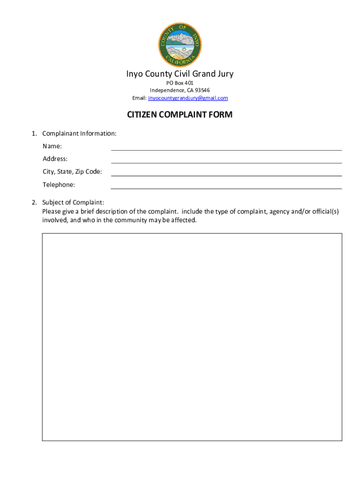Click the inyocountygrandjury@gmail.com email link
coord(188,98)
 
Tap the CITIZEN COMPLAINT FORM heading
coord(180,115)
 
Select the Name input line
coord(226,147)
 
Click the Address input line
coord(226,160)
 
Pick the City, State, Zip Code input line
coord(226,173)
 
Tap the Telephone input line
coord(226,186)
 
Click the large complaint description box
coord(192,337)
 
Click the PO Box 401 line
coord(180,83)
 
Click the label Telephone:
coord(59,185)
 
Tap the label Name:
coord(52,146)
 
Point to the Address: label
coord(55,159)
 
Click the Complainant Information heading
coord(79,134)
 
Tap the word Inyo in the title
coord(135,74)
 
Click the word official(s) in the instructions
coord(322,211)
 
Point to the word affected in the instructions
coord(183,220)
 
